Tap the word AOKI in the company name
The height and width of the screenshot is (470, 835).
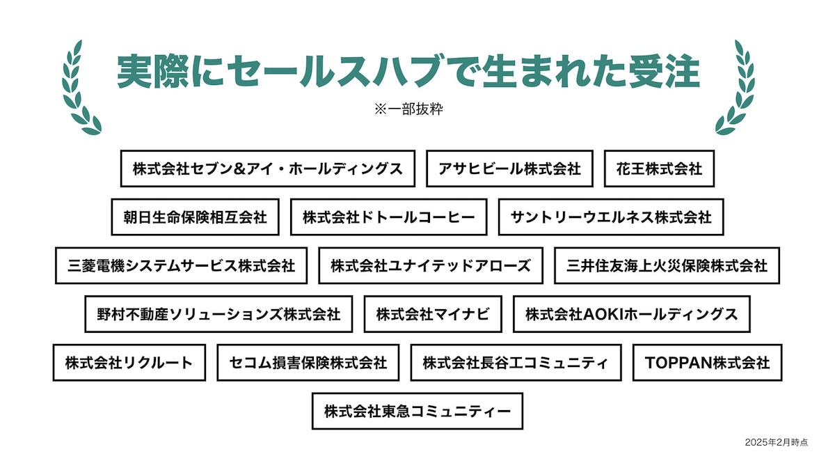603,315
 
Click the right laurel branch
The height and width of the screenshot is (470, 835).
735,88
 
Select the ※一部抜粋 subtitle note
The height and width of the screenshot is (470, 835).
409,109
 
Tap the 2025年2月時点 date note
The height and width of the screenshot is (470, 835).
777,442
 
